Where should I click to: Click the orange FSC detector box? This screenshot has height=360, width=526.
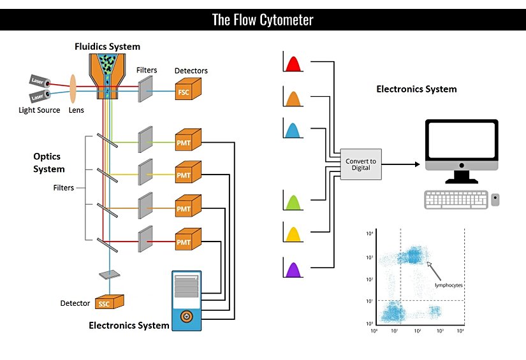pyautogui.click(x=187, y=89)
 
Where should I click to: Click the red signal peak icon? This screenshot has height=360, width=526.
pyautogui.click(x=293, y=64)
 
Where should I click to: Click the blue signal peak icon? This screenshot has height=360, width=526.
pyautogui.click(x=293, y=130)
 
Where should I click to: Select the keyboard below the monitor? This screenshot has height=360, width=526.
pyautogui.click(x=455, y=200)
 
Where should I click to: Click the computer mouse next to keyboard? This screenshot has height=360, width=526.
pyautogui.click(x=495, y=200)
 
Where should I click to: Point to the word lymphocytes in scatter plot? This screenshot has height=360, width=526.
pyautogui.click(x=448, y=285)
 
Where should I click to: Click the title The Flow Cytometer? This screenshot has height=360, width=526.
pyautogui.click(x=263, y=20)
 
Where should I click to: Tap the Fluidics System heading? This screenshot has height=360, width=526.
pyautogui.click(x=107, y=47)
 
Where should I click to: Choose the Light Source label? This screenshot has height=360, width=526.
pyautogui.click(x=40, y=110)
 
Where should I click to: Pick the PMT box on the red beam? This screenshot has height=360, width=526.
pyautogui.click(x=187, y=240)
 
